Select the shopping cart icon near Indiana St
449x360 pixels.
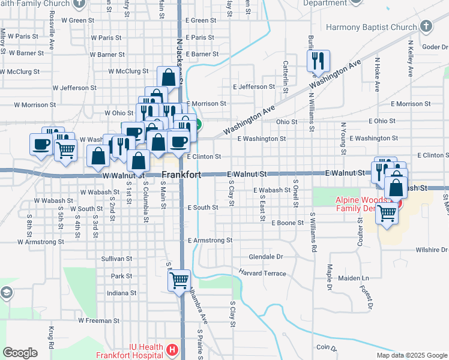pos(179,280)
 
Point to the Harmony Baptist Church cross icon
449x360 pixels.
pos(426,27)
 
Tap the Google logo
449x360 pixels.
pos(20,353)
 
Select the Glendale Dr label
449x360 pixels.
pos(266,256)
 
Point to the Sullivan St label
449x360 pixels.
pos(116,259)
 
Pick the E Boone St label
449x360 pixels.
pos(291,223)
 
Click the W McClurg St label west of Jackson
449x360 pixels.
pos(128,71)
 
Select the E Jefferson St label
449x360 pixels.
pos(253,87)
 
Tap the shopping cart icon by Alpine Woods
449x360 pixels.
pos(387,213)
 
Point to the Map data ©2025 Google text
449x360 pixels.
pos(411,355)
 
